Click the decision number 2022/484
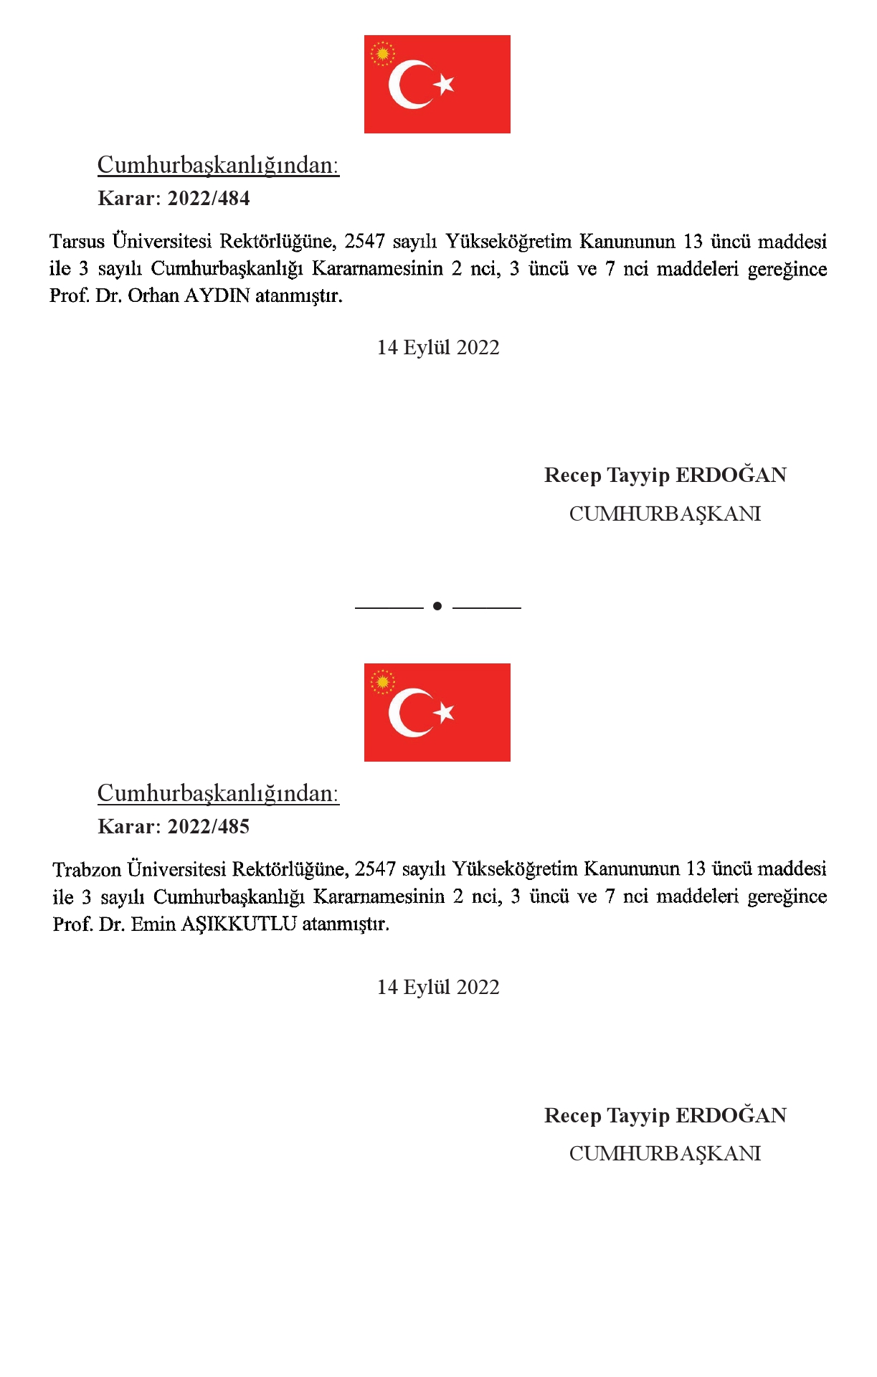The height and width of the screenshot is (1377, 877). [x=209, y=199]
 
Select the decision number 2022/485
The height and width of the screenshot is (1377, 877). [x=209, y=827]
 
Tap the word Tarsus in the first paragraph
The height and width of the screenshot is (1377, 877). [x=77, y=242]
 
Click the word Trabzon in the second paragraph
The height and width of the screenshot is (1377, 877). [x=87, y=870]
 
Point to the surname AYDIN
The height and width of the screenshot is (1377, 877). [x=217, y=295]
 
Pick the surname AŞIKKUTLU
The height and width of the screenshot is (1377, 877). [x=239, y=924]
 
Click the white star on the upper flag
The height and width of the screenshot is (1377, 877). [x=445, y=84]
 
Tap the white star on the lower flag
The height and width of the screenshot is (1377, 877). [x=445, y=712]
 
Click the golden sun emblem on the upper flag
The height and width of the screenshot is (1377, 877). [x=383, y=54]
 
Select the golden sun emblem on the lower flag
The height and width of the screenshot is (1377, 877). [x=383, y=682]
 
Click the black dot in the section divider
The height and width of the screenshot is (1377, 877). [x=437, y=607]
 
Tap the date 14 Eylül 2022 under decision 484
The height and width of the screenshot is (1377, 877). [x=438, y=348]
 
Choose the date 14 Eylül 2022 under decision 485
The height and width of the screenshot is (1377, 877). [x=438, y=988]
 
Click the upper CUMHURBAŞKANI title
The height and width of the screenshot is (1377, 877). [x=665, y=514]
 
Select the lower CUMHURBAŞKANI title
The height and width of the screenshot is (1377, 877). [x=665, y=1154]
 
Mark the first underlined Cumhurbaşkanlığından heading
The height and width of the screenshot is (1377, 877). [x=218, y=166]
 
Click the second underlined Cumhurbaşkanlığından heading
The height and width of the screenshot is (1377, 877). [x=218, y=794]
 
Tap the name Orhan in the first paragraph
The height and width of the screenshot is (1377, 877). [x=153, y=295]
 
